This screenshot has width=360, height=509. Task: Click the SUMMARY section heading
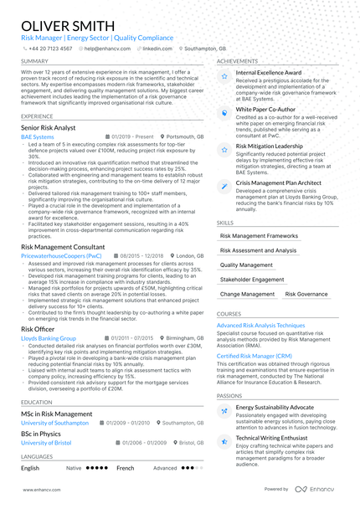(34, 61)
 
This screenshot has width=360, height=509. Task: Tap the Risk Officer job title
(38, 329)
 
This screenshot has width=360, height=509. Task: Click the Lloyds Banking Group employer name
(49, 338)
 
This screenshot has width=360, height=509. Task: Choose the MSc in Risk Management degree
(56, 414)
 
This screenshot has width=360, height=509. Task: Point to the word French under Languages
(125, 468)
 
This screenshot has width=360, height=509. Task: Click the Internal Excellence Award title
(269, 74)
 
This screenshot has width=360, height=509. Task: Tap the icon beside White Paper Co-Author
(224, 111)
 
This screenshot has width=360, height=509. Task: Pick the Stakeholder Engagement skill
(252, 280)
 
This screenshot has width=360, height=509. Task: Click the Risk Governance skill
(306, 295)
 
